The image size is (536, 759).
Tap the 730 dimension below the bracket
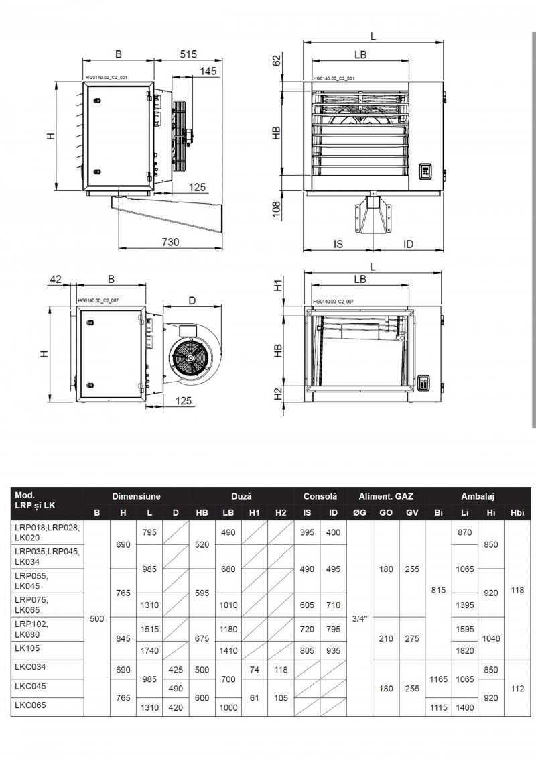[x=170, y=242]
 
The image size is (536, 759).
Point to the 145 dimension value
[x=208, y=72]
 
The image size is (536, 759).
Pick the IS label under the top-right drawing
[x=338, y=244]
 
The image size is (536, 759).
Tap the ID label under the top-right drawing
[x=409, y=244]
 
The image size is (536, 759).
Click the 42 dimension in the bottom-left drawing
[x=56, y=279]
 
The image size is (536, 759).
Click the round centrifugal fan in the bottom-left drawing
[x=189, y=360]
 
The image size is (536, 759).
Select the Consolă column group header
[x=320, y=497]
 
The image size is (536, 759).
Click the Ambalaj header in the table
[x=477, y=497]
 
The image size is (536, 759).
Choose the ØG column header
[x=358, y=513]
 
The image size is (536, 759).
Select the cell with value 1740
[x=149, y=650]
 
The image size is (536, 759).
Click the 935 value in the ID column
[x=333, y=650]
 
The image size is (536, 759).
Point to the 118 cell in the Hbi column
[x=516, y=590]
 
